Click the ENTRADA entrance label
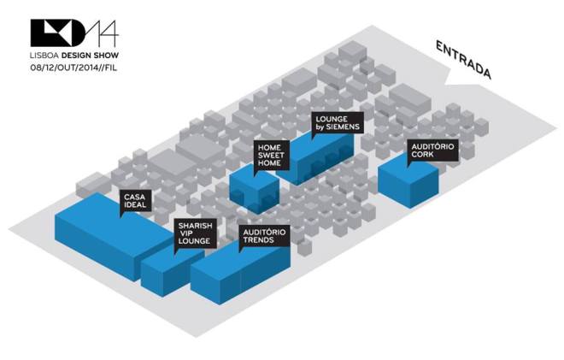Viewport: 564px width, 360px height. (x=462, y=60)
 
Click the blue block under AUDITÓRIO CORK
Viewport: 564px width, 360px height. (x=408, y=184)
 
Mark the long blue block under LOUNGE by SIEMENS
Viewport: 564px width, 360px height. (x=325, y=158)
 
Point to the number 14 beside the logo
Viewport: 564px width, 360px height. (x=103, y=32)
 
